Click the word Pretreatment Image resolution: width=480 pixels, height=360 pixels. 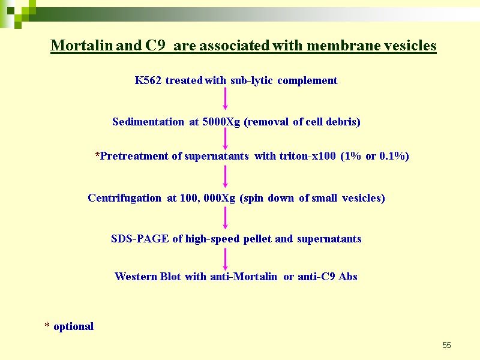point(134,157)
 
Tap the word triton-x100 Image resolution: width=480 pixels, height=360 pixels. point(308,157)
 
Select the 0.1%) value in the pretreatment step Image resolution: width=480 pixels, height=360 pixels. point(394,157)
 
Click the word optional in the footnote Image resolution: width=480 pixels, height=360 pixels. point(73,326)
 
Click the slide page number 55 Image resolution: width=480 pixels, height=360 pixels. point(446,345)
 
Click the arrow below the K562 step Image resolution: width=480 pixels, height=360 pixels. point(226,100)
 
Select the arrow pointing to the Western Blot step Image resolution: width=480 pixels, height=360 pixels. point(226,259)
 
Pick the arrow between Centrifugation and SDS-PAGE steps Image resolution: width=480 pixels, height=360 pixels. point(226,218)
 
